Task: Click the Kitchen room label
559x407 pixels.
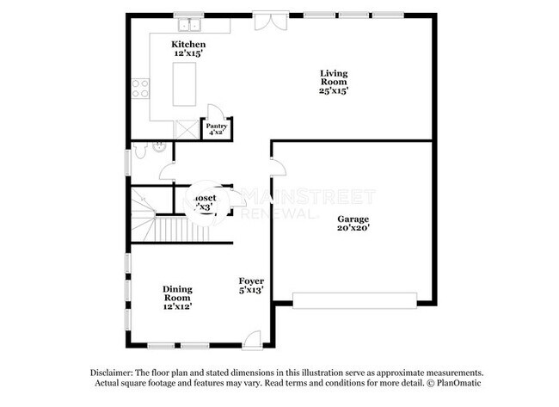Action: click(x=188, y=44)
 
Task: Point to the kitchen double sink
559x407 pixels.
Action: click(x=188, y=18)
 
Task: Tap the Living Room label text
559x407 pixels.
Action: click(x=335, y=77)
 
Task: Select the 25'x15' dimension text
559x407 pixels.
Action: click(x=335, y=91)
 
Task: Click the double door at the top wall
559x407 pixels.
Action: click(x=266, y=19)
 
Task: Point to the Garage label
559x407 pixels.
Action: click(x=353, y=219)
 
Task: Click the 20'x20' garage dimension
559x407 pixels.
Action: click(x=353, y=229)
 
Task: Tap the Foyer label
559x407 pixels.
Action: click(x=251, y=281)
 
